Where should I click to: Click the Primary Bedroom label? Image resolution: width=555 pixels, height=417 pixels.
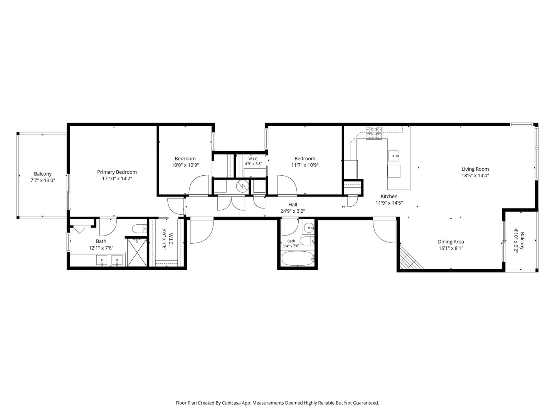click(117, 172)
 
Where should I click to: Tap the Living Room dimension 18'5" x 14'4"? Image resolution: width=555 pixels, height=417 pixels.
click(475, 175)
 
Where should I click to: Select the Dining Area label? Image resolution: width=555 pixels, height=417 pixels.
click(451, 242)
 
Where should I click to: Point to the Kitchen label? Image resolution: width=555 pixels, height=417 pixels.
click(389, 196)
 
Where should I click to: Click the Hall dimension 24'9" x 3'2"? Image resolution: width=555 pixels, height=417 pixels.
click(293, 211)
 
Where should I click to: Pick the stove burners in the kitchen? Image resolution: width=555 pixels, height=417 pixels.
click(374, 133)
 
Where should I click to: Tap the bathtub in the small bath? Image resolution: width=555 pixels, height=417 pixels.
click(298, 258)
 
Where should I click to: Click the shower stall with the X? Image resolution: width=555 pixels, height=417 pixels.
click(137, 252)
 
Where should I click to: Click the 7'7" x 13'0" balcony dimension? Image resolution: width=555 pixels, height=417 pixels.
click(43, 180)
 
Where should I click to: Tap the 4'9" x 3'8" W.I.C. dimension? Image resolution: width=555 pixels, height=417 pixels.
click(253, 164)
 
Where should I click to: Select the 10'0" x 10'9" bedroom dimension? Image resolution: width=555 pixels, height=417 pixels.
click(185, 165)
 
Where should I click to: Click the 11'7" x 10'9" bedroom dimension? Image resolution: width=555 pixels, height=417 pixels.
click(305, 165)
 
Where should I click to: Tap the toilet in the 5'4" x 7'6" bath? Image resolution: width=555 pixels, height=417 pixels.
click(307, 241)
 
